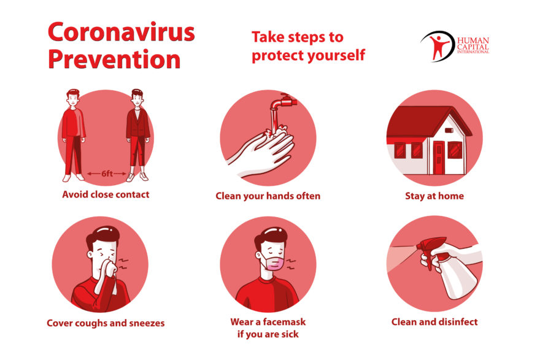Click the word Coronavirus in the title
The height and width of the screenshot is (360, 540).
tap(121, 32)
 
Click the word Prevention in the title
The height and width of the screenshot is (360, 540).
tap(114, 59)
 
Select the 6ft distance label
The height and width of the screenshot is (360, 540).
tap(107, 174)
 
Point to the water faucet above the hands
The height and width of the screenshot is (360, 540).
tap(283, 102)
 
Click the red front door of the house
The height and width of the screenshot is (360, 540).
tap(439, 158)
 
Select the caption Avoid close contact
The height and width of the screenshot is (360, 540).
tap(106, 195)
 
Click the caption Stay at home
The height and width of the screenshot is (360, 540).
tap(434, 196)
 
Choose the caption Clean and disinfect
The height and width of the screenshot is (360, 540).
tap(434, 322)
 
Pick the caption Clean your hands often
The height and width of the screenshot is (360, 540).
tap(268, 196)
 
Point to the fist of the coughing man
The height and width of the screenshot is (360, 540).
tap(110, 267)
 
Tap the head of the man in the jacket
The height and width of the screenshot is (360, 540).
tap(137, 98)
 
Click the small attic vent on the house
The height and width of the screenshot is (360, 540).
tap(449, 130)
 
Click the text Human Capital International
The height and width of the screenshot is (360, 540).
tap(473, 45)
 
